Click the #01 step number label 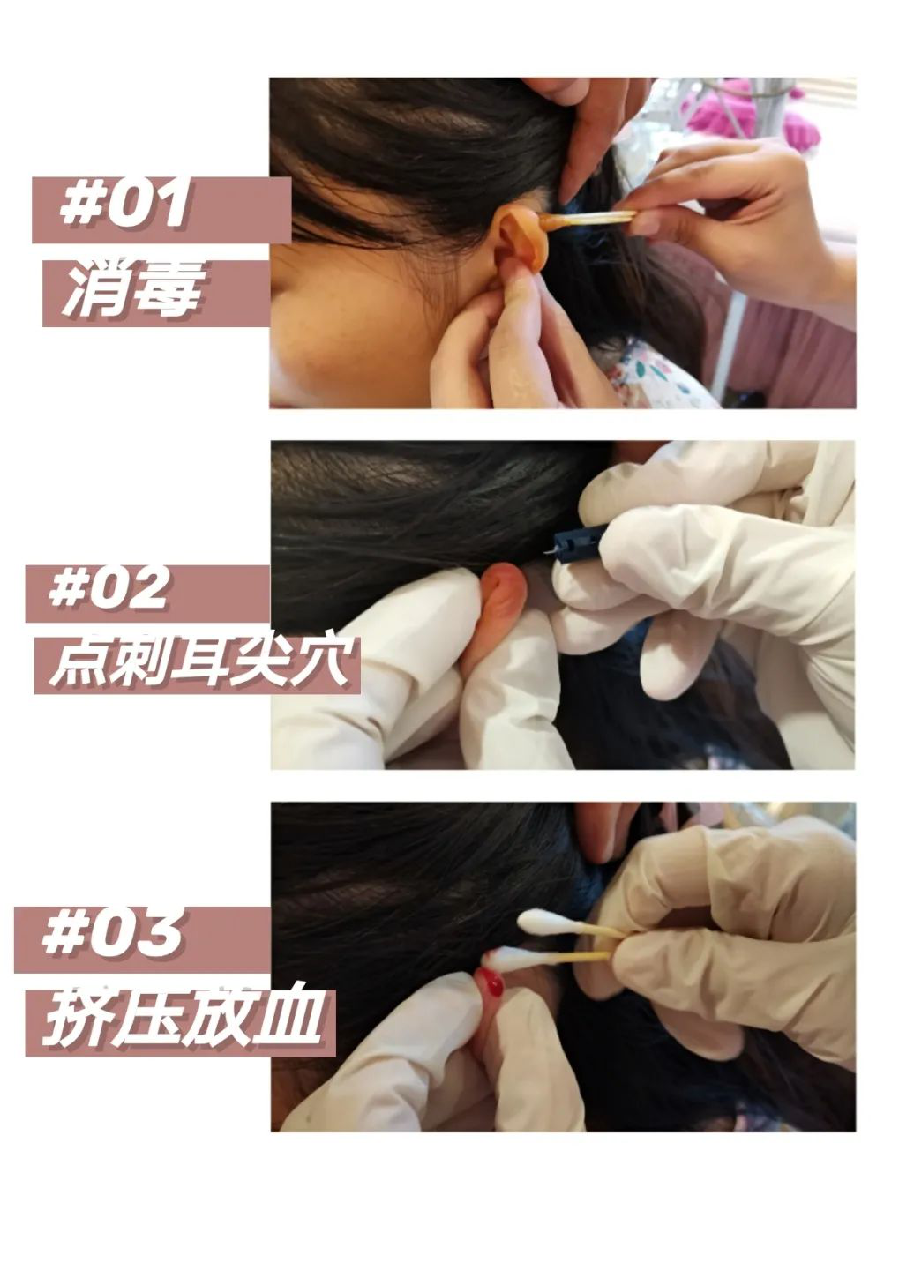point(124,205)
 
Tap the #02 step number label point(109,588)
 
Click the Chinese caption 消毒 point(132,290)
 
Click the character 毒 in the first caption point(168,290)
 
